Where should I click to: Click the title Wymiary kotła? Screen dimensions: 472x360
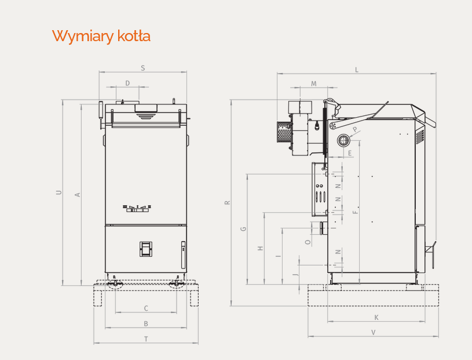[x=101, y=36]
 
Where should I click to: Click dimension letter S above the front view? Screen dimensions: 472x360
[x=143, y=68]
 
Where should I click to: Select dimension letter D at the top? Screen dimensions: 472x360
[x=127, y=83]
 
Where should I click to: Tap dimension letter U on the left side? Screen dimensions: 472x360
[x=59, y=192]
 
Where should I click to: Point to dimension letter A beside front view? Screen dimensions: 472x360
[x=78, y=195]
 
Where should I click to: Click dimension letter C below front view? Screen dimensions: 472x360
[x=146, y=308]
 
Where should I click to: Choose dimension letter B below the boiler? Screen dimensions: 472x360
[x=146, y=324]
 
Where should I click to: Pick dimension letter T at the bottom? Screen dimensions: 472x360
[x=146, y=339]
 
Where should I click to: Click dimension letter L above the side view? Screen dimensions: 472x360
[x=357, y=70]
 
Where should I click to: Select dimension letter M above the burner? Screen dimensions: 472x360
[x=314, y=83]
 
